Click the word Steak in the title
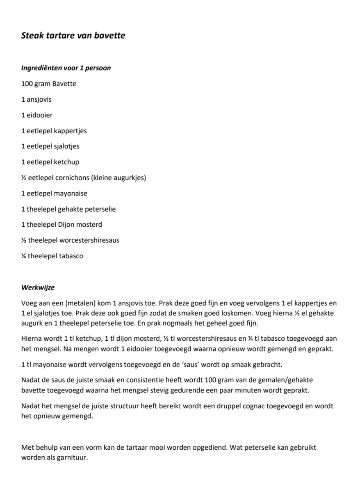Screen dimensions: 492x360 31,36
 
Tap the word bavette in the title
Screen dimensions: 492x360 111,36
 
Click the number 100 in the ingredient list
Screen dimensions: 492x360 27,84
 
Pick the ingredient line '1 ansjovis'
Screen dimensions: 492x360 36,100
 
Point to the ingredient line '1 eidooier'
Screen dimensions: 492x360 37,115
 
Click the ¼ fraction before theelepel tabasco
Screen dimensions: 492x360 23,256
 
